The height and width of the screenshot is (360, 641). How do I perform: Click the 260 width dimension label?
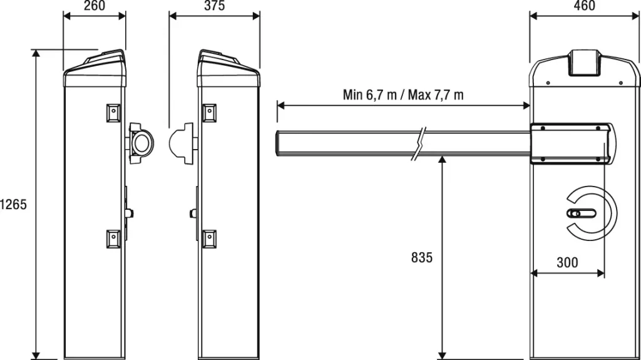tap(95, 6)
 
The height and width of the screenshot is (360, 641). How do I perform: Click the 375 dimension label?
tap(214, 6)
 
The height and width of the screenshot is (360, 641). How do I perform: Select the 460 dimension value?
tap(584, 6)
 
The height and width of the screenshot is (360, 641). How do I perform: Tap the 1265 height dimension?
tap(14, 204)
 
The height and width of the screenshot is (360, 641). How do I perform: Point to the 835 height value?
tap(422, 257)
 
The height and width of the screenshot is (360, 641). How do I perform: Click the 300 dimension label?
tap(567, 262)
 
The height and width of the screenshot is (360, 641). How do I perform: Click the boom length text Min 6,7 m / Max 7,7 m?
tap(403, 95)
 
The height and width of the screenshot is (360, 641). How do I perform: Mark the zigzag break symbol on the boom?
tap(419, 143)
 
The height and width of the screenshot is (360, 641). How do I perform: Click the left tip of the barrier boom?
tap(277, 143)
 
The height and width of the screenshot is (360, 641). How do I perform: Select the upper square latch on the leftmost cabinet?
tap(113, 113)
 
